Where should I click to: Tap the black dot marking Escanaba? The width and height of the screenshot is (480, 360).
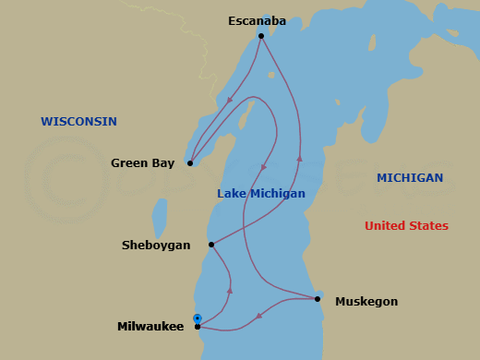coord(261,36)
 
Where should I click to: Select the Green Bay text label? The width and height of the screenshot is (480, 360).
coord(142,163)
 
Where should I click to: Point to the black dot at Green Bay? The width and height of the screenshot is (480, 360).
coord(189,163)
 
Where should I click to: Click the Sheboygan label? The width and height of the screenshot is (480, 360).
coord(156,246)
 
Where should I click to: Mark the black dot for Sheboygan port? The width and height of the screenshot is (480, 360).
coord(211,245)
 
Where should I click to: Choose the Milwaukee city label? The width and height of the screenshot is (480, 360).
coord(150,327)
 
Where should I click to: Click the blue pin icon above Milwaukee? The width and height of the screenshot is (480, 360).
coord(197,318)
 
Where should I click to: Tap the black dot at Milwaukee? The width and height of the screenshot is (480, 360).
coord(198,327)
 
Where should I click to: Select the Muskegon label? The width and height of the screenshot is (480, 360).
coord(366,301)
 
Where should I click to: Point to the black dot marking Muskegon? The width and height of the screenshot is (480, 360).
coord(318,299)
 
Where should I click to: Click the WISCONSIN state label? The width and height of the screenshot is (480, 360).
coord(78,122)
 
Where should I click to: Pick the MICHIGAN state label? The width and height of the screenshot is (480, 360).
coord(410,178)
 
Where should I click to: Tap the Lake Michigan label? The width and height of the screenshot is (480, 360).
coord(261,194)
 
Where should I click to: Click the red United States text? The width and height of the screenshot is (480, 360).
coord(406,226)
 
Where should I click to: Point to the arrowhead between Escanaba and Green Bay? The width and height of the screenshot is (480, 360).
coord(228,102)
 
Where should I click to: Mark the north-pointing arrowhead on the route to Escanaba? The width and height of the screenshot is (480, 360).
coord(299,158)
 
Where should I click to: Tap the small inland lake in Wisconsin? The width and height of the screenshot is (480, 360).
coord(160,218)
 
